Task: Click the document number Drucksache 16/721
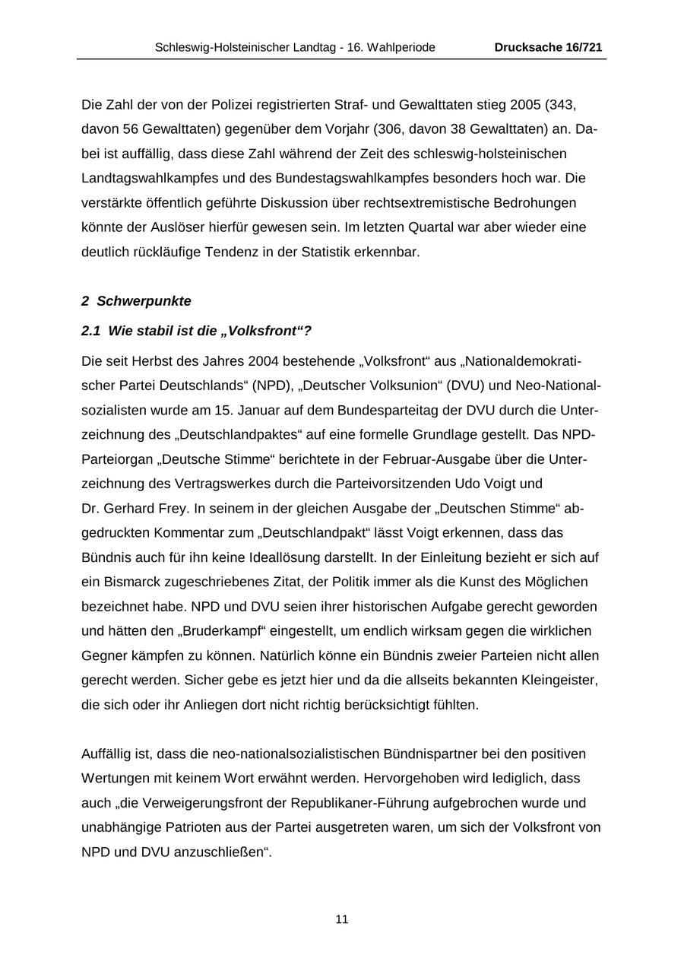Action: point(548,47)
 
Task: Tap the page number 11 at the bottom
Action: point(342,919)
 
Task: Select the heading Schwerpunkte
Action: point(144,301)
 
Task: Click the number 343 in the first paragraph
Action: point(575,105)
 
